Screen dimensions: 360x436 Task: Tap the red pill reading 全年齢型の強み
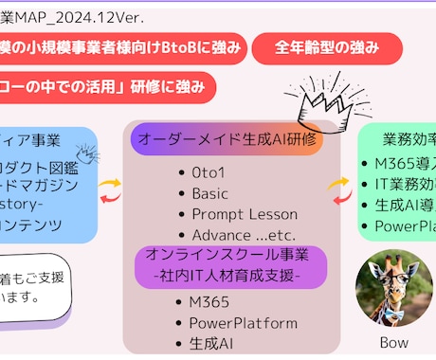tap(327, 47)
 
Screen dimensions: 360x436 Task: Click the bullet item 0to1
tap(209, 172)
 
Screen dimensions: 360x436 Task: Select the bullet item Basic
tap(210, 193)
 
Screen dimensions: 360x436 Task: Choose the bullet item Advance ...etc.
tap(238, 235)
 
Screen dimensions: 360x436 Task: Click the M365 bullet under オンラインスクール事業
tap(210, 301)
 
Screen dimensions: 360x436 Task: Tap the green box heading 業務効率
tap(404, 139)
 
